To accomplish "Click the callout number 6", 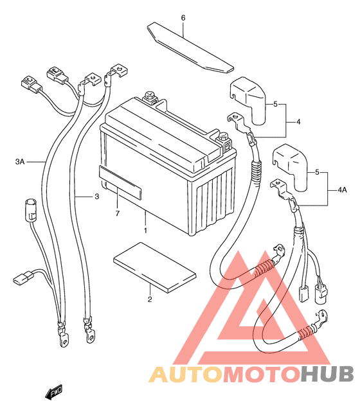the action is (x=183, y=18).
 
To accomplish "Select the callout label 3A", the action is (x=20, y=161).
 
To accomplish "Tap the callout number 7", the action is (x=118, y=213).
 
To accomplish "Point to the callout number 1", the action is (x=145, y=231).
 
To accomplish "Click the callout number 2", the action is (x=150, y=299).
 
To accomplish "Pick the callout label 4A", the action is (x=342, y=190).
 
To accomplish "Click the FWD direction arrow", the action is (x=54, y=391).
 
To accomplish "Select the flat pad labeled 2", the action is (x=155, y=268).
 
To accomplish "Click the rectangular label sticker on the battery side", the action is (x=120, y=182).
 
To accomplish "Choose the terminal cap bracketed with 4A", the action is (x=289, y=167).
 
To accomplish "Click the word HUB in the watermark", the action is (x=327, y=375).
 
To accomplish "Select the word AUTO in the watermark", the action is (x=185, y=375).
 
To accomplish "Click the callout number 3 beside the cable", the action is (x=96, y=197).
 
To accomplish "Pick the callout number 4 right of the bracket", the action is (x=298, y=122).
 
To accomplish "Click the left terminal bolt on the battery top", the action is (x=150, y=97).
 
